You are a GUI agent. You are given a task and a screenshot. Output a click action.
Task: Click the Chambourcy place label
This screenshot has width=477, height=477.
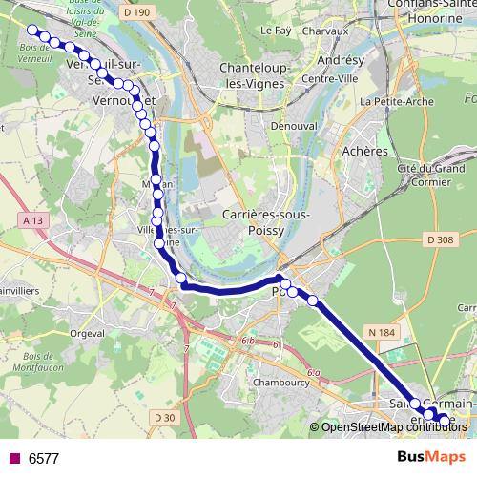click(278, 383)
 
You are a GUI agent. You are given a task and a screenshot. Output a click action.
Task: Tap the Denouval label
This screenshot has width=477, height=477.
click(293, 125)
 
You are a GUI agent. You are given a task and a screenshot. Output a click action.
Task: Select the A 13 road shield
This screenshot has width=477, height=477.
click(31, 220)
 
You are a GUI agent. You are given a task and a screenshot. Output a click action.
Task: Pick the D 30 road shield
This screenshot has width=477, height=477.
click(164, 417)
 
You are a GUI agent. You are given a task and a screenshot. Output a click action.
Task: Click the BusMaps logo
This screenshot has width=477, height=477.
click(430, 457)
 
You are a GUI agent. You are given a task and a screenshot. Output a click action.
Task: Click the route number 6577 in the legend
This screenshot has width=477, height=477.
click(44, 458)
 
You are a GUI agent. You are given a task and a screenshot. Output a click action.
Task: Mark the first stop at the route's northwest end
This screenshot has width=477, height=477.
click(31, 30)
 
